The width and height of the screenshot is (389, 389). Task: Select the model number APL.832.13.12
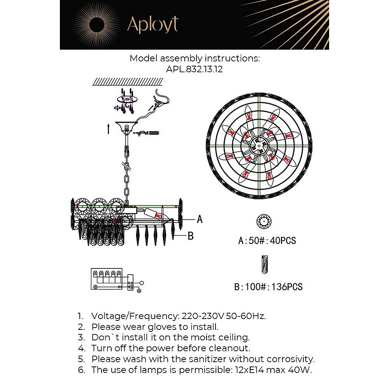194,69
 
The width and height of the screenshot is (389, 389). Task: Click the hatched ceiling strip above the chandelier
128,81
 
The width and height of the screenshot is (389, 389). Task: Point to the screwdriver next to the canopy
149,133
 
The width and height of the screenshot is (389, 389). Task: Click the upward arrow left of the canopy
108,129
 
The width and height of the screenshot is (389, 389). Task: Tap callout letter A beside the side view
200,219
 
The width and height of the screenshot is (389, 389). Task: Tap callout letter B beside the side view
191,236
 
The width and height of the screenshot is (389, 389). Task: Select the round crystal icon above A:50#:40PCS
264,221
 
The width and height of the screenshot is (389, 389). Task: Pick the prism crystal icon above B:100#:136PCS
265,265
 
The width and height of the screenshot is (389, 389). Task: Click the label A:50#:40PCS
267,241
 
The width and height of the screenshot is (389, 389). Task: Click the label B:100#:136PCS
268,287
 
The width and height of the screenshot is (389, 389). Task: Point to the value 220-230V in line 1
203,316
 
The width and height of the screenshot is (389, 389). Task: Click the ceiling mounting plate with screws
127,100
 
